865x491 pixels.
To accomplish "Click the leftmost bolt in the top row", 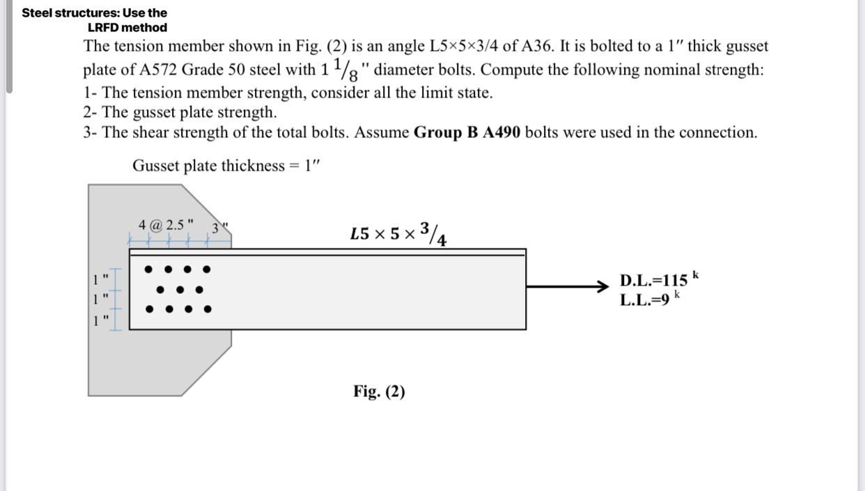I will tap(148, 269).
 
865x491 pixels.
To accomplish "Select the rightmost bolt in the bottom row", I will tap(207, 309).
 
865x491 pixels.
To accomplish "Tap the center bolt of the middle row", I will tap(180, 289).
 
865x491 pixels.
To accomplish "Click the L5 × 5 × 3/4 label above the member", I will tap(399, 234).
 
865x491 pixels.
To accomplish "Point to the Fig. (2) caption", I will tap(379, 391).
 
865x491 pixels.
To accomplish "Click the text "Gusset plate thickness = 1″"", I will tap(226, 166).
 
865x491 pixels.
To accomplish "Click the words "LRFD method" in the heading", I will tap(127, 28).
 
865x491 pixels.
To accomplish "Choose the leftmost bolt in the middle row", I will tap(161, 289).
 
